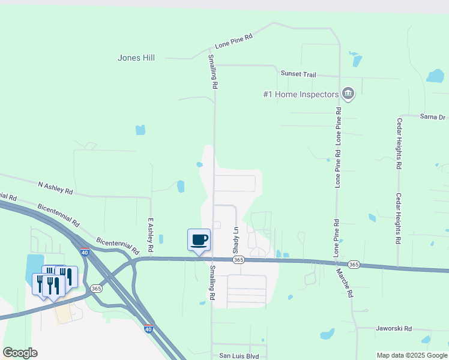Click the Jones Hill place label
click(x=136, y=58)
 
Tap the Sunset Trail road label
click(x=298, y=73)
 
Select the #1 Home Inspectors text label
click(x=301, y=94)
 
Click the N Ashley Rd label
click(x=55, y=188)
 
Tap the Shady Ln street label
click(x=236, y=239)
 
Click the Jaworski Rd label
click(x=394, y=329)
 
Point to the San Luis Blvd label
click(x=239, y=356)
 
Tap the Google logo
click(x=20, y=353)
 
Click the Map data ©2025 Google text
click(x=412, y=355)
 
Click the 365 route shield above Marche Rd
click(x=354, y=265)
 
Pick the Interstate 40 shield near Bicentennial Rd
click(x=85, y=253)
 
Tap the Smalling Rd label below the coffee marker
click(x=212, y=284)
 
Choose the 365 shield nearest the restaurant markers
click(x=96, y=289)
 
